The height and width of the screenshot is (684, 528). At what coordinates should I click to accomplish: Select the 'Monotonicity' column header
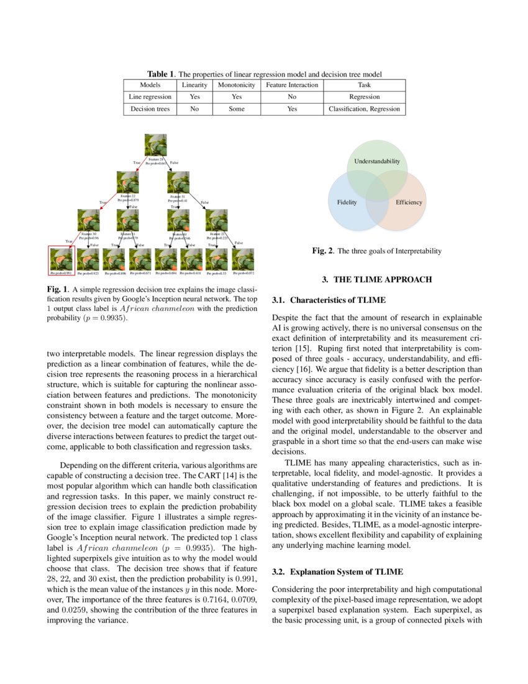pyautogui.click(x=237, y=85)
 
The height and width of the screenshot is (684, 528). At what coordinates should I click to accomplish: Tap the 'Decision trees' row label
pyautogui.click(x=150, y=109)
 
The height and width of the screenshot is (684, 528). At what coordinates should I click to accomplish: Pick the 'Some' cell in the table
pyautogui.click(x=237, y=109)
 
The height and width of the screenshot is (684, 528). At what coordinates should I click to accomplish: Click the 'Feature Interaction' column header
pyautogui.click(x=292, y=85)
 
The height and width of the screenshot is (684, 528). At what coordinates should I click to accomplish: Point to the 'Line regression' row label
pyautogui.click(x=150, y=97)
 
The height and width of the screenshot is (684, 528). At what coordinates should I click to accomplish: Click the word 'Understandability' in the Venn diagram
pyautogui.click(x=376, y=162)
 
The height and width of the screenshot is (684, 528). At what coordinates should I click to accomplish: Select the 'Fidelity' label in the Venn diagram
pyautogui.click(x=347, y=203)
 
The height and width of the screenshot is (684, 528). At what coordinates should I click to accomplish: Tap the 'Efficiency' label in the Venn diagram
pyautogui.click(x=408, y=203)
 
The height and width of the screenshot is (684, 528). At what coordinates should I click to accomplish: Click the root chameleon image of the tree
pyautogui.click(x=155, y=145)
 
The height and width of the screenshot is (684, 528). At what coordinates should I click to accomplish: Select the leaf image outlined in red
pyautogui.click(x=61, y=259)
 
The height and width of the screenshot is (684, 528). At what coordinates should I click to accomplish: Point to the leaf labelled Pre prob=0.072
pyautogui.click(x=244, y=259)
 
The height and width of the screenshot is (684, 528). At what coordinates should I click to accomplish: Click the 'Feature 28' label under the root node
pyautogui.click(x=156, y=159)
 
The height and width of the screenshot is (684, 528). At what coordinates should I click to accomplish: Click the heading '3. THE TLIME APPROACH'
pyautogui.click(x=377, y=280)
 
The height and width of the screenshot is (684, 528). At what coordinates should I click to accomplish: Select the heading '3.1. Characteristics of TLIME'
pyautogui.click(x=329, y=300)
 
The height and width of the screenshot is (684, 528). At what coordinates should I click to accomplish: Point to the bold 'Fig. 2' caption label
pyautogui.click(x=322, y=251)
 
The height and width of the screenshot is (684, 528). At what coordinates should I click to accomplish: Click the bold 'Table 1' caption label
pyautogui.click(x=161, y=74)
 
